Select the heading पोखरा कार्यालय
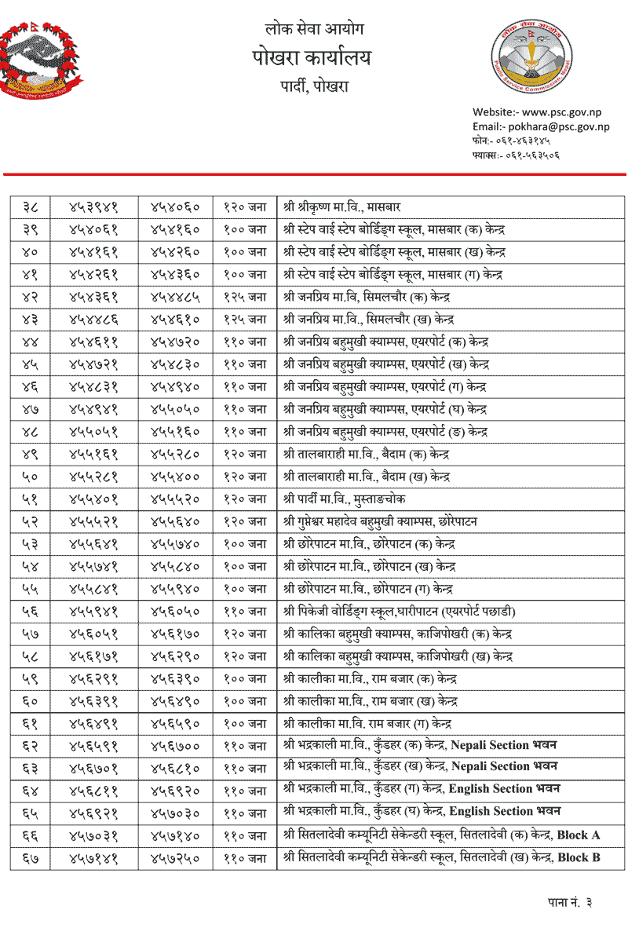click(x=312, y=58)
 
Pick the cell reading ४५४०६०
click(x=175, y=207)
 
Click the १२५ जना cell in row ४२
click(x=244, y=298)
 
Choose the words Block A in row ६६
click(x=579, y=835)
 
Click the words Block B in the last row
click(x=579, y=858)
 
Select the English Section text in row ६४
click(x=489, y=789)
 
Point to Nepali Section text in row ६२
click(x=490, y=745)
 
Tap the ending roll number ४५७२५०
click(x=175, y=858)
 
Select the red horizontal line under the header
click(x=314, y=174)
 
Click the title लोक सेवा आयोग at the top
click(x=314, y=30)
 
